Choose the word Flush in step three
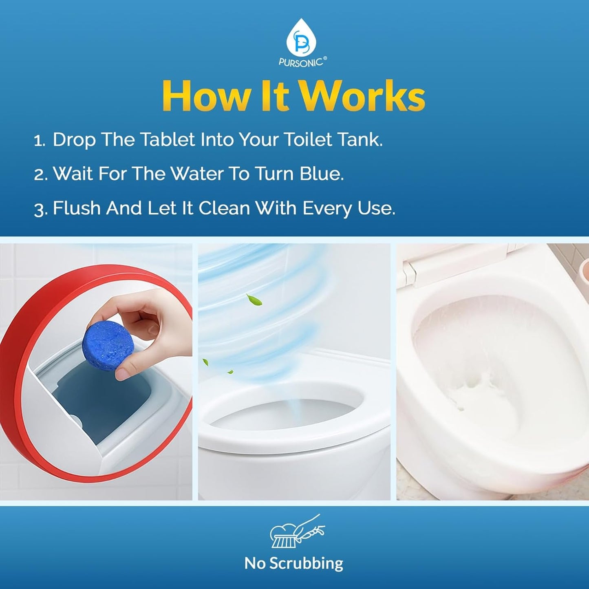(x=77, y=208)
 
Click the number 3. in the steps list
(x=40, y=210)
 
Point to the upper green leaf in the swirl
(x=254, y=300)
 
